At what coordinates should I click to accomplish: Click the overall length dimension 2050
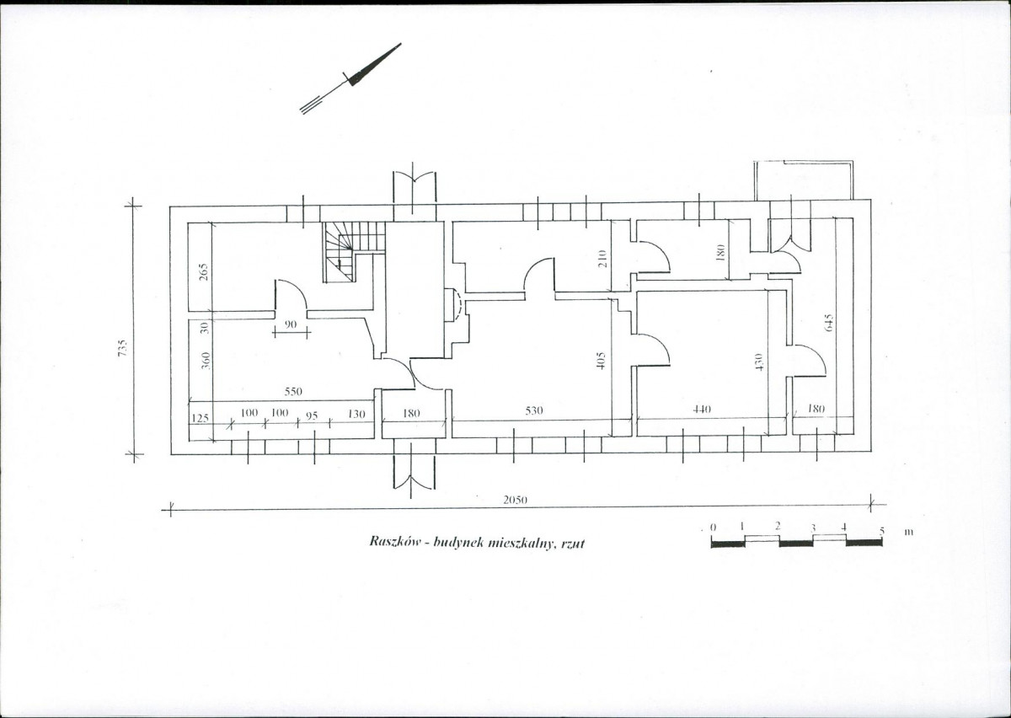515,500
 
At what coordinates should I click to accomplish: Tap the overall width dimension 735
123,348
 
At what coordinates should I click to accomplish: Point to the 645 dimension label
828,324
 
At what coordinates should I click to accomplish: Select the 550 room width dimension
293,392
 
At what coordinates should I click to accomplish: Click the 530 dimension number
534,410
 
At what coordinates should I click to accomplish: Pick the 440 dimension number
702,409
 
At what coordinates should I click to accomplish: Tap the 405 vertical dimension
600,361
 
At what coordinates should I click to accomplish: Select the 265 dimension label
204,272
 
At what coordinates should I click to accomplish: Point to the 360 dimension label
206,361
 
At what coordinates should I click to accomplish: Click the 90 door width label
292,324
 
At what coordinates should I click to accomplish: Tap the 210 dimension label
602,259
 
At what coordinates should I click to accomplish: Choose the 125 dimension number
200,418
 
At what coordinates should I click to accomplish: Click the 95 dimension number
312,415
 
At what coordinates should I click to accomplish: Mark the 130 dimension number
356,414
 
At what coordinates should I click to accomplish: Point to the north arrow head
374,65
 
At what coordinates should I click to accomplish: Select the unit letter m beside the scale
909,533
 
